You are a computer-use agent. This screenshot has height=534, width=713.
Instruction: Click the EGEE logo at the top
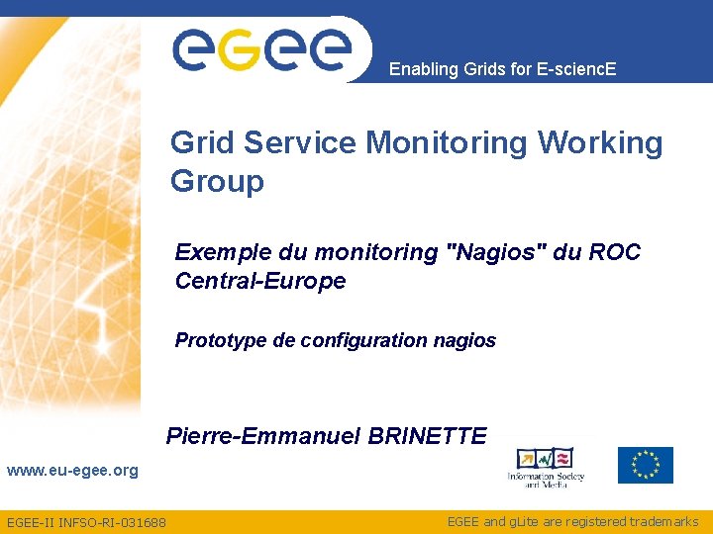coord(262,47)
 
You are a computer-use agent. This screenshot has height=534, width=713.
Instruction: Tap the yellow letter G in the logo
coord(239,50)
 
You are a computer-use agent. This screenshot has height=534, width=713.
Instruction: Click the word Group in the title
coord(217,182)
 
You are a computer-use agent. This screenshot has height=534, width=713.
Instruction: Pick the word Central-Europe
coord(260,281)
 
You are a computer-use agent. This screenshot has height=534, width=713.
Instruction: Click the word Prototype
coord(221,341)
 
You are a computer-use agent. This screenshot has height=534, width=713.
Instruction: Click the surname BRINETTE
coord(427,436)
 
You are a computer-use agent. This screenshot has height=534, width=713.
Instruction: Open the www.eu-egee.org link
coord(72,471)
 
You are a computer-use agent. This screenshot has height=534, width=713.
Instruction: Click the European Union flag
coord(645,465)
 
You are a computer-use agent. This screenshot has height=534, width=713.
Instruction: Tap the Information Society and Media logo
coord(546,467)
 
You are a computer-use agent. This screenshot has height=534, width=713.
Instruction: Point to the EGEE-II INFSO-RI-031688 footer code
coord(86,522)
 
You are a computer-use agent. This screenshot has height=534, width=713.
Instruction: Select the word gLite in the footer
coord(523,521)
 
